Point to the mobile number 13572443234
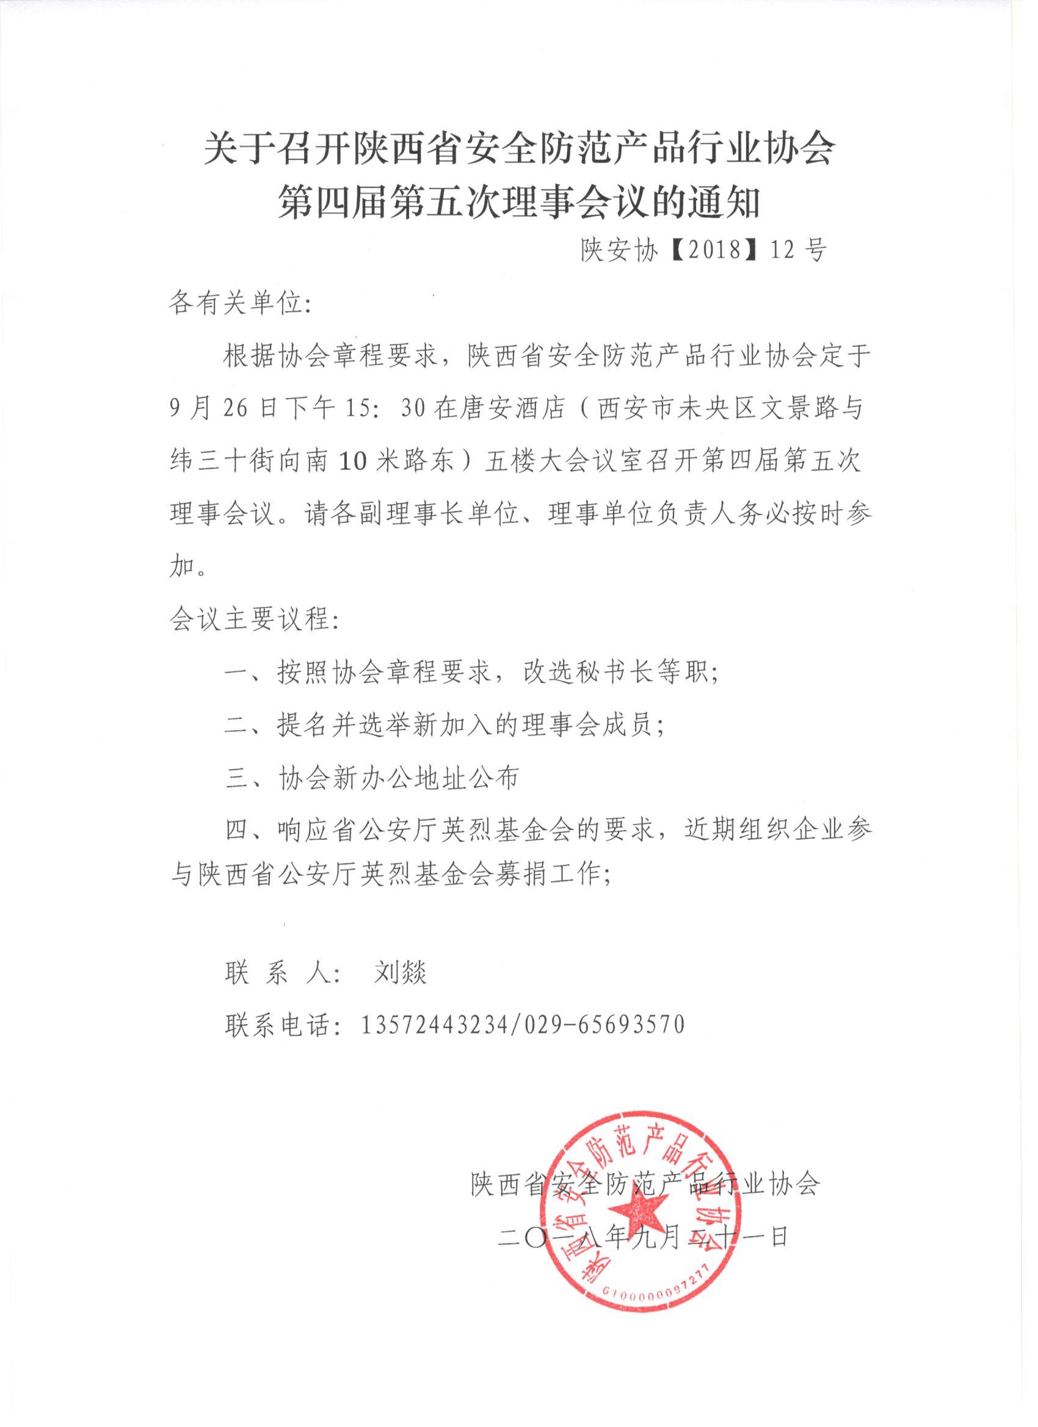pyautogui.click(x=434, y=1024)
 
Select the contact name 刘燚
pyautogui.click(x=401, y=973)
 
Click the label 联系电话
pyautogui.click(x=277, y=1024)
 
